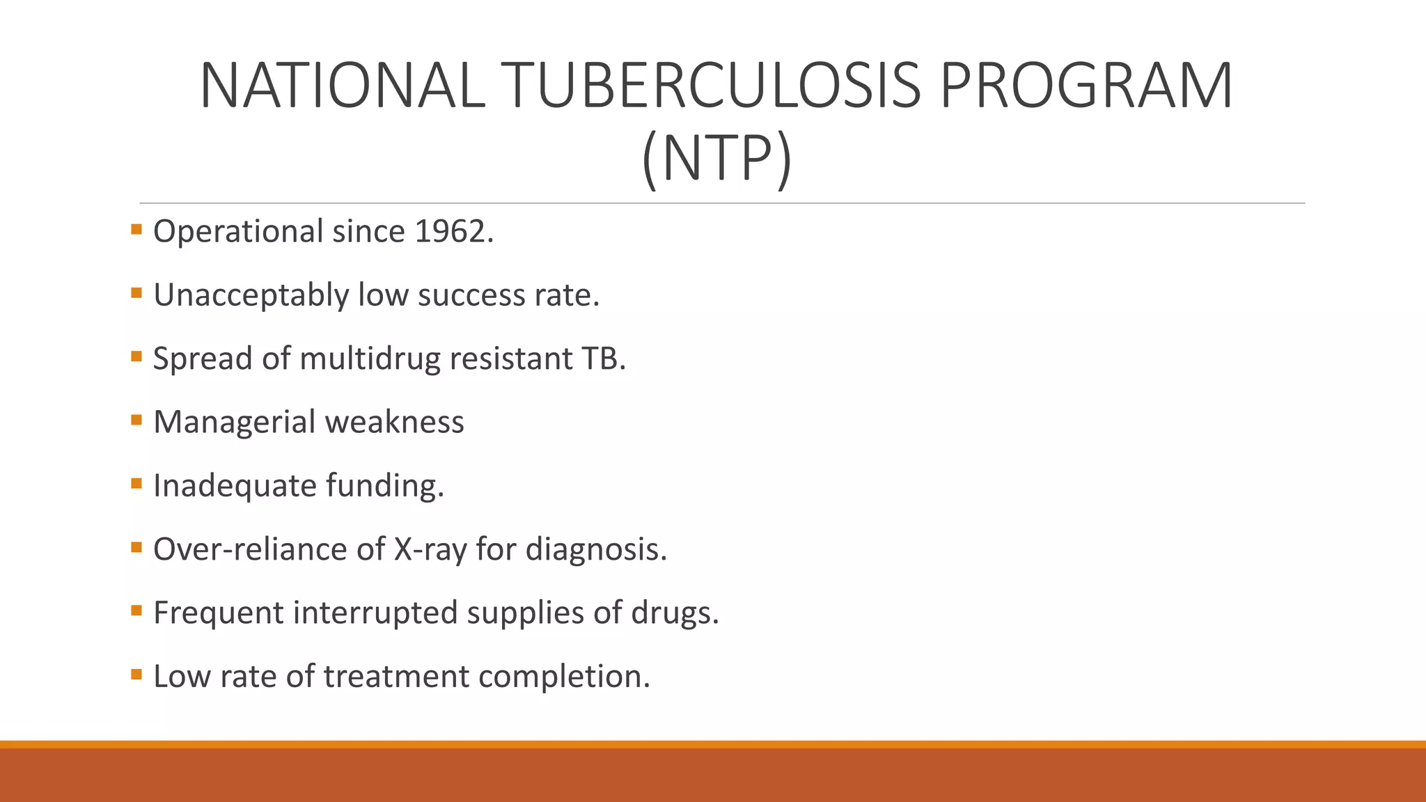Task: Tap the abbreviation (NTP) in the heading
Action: click(716, 159)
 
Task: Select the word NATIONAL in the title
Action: click(342, 86)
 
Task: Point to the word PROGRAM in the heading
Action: click(1086, 86)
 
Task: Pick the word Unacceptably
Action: click(251, 296)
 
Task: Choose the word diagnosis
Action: click(595, 550)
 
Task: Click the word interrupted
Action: click(374, 613)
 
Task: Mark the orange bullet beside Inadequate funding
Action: click(136, 482)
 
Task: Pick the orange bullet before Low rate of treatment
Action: click(136, 674)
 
